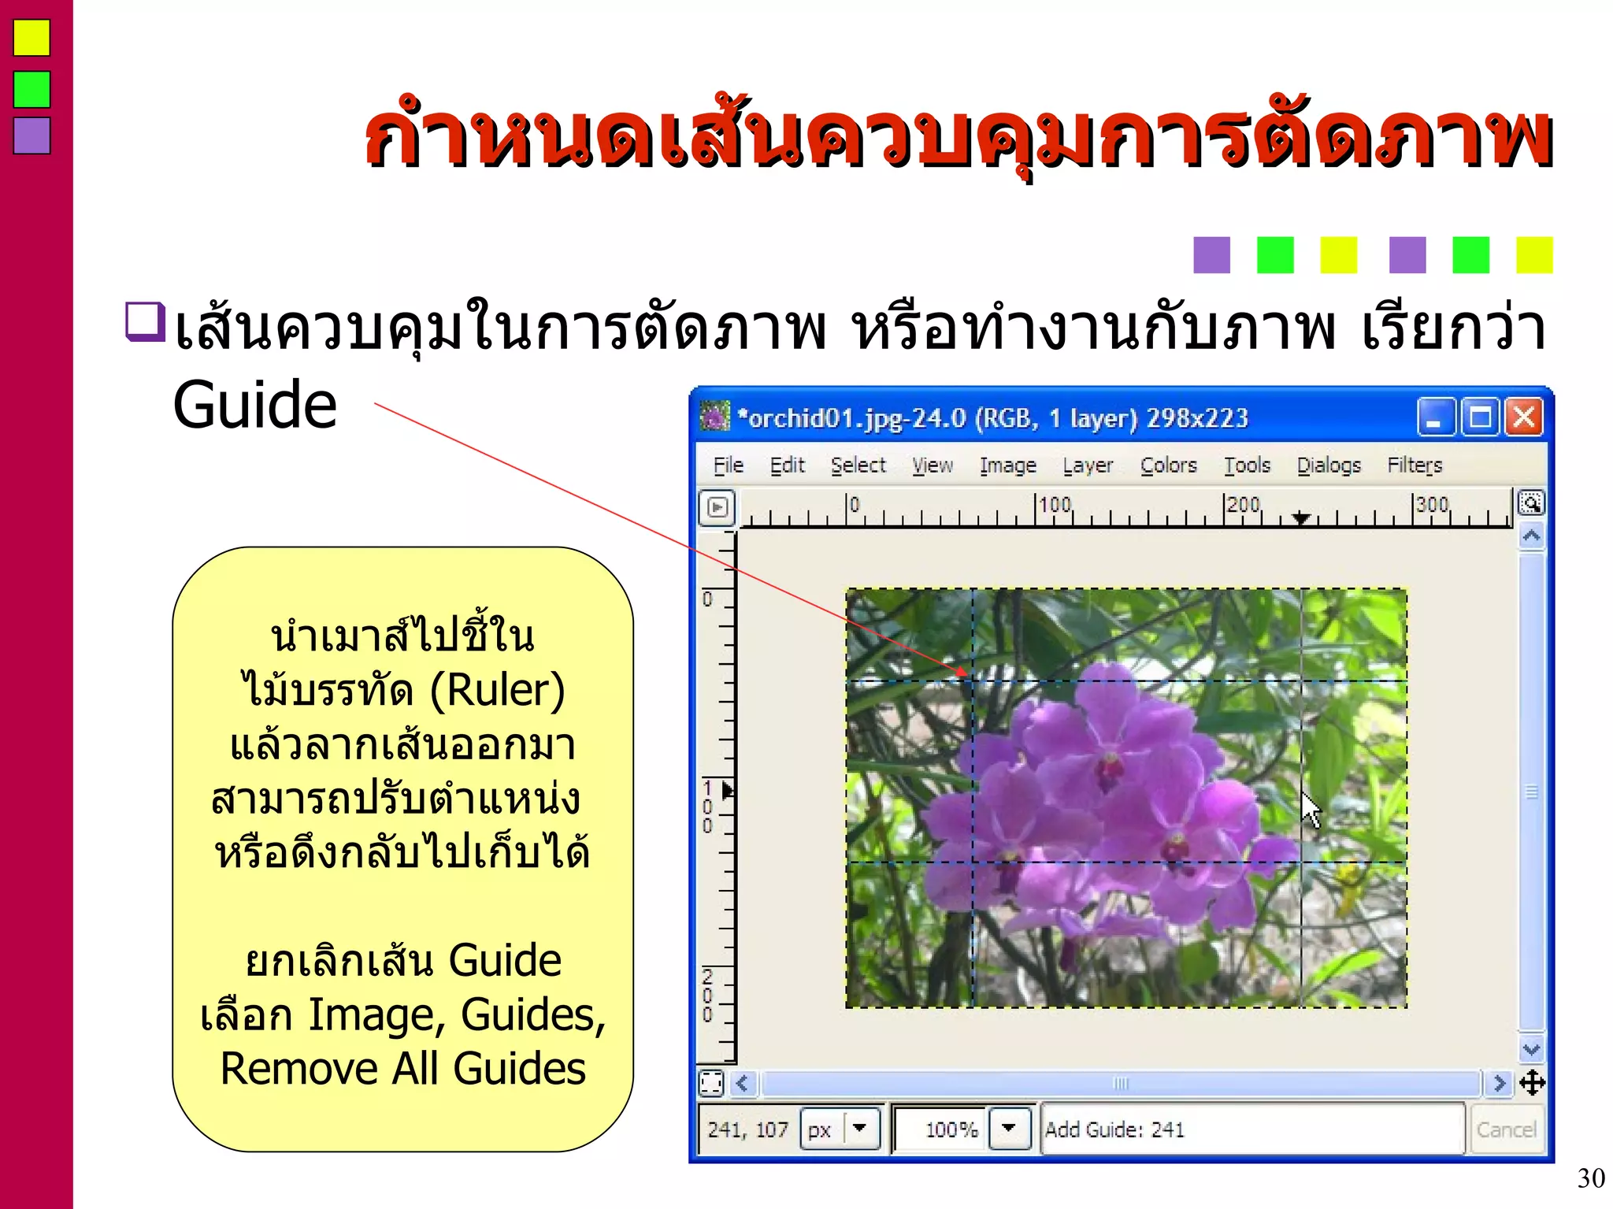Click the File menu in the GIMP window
(728, 465)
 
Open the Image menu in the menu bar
(1007, 465)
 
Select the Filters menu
(1415, 465)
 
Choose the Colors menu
(1168, 465)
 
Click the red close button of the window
(1524, 417)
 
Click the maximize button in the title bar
(1480, 417)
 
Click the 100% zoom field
(941, 1129)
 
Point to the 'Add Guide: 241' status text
(1114, 1129)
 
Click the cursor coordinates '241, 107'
(747, 1129)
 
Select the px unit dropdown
(840, 1129)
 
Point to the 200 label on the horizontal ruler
(1244, 504)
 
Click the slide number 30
(1591, 1178)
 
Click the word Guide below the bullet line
(255, 405)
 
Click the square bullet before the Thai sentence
(145, 321)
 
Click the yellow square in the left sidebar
(32, 38)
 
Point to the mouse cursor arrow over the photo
(1309, 809)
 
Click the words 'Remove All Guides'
(402, 1069)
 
